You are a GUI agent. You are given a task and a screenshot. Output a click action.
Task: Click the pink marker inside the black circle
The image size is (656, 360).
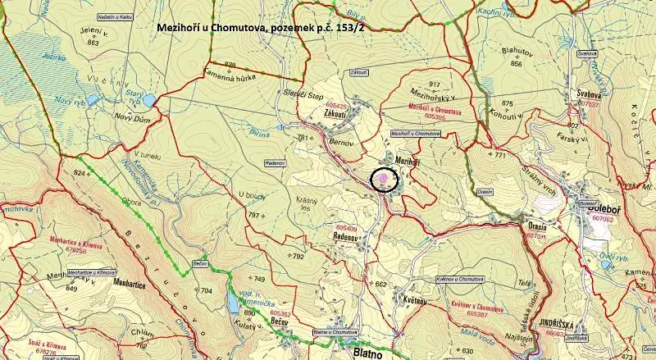(384, 178)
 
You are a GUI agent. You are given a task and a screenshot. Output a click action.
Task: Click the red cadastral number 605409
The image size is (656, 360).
(347, 227)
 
